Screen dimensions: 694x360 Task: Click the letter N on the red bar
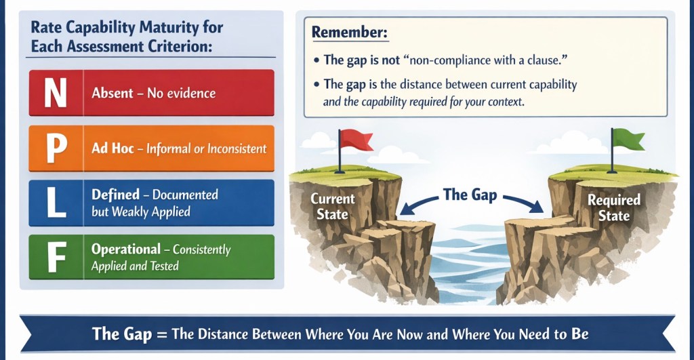click(x=56, y=93)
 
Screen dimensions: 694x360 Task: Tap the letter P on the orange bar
click(x=57, y=148)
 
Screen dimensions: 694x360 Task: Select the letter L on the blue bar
click(x=57, y=203)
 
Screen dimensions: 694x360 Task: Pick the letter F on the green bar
click(x=57, y=258)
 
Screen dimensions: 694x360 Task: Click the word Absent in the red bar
click(x=113, y=93)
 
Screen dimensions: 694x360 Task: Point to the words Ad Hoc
click(x=113, y=148)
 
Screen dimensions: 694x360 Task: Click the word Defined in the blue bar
click(x=115, y=195)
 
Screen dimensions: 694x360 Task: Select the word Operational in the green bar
click(x=125, y=249)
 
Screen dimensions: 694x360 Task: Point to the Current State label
click(x=333, y=207)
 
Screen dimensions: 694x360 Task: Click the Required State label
click(x=614, y=207)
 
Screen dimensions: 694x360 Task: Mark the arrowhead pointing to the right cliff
click(x=536, y=207)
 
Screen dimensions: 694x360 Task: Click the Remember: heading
click(x=350, y=33)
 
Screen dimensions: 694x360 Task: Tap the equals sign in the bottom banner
click(x=162, y=334)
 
